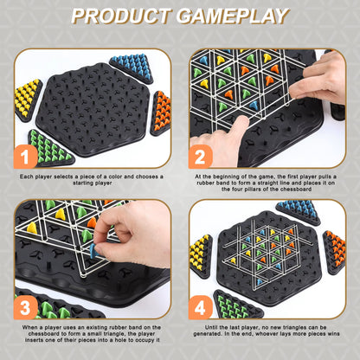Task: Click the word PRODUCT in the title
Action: point(121,16)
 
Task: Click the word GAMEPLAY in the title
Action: point(233,16)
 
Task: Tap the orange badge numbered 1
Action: point(25,157)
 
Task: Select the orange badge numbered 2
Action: point(201,157)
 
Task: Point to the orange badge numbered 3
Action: point(25,307)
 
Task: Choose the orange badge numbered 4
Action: point(201,307)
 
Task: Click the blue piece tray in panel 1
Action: point(132,67)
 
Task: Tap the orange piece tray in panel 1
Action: point(160,113)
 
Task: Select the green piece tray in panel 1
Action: point(49,149)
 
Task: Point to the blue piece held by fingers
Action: point(93,251)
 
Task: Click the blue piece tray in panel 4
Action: point(299,212)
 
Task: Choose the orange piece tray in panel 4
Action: point(334,252)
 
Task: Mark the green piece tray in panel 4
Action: point(237,305)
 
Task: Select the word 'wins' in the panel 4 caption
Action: point(333,334)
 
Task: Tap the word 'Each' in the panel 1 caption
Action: point(26,177)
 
